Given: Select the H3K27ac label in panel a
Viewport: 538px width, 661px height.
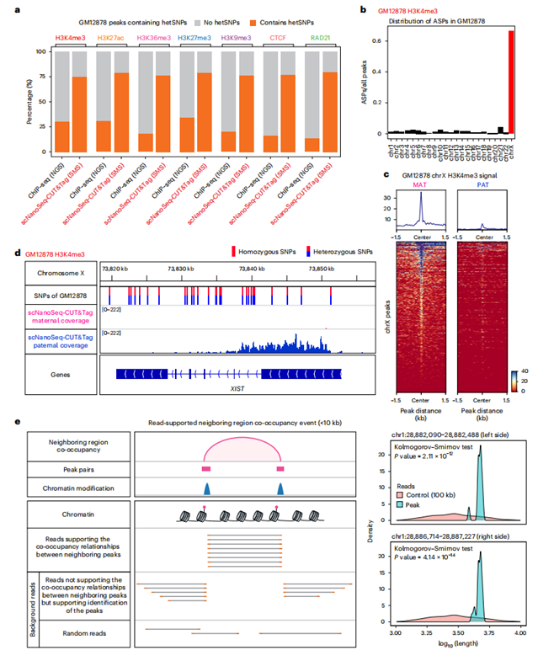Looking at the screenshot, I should [112, 38].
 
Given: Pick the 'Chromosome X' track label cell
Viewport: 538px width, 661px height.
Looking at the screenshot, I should [56, 272].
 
